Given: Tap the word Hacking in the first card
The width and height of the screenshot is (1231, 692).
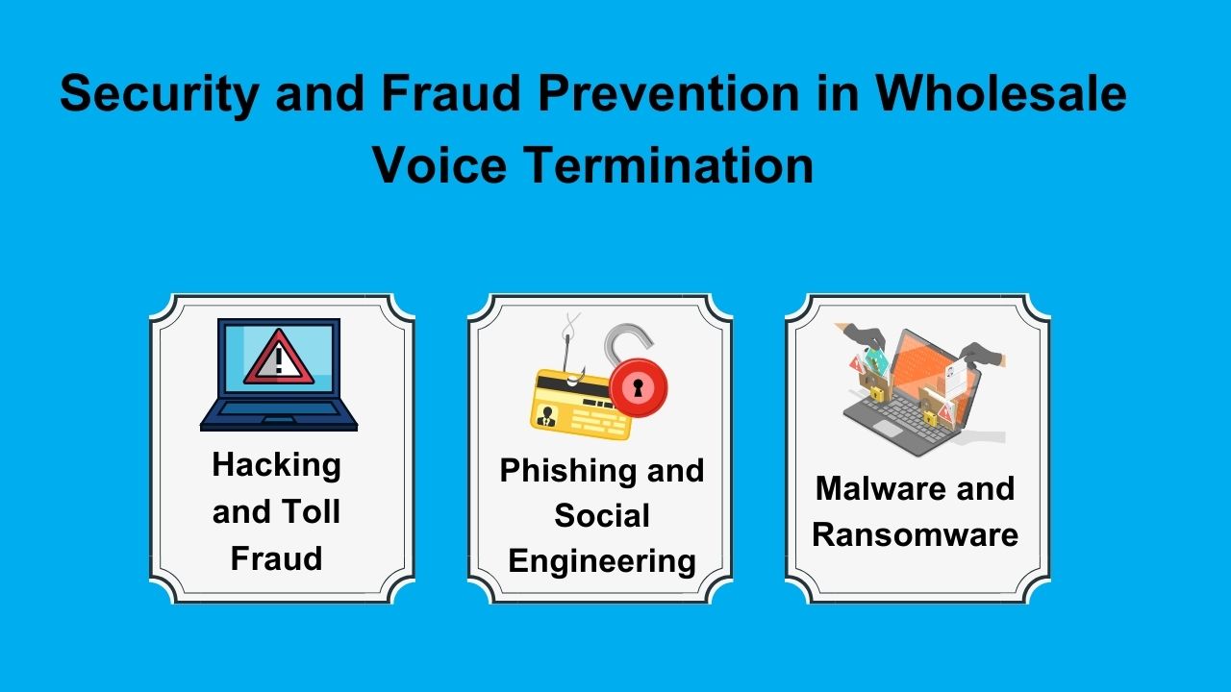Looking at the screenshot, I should pyautogui.click(x=276, y=465).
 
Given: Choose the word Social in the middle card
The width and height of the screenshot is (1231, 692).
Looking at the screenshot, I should pyautogui.click(x=602, y=516).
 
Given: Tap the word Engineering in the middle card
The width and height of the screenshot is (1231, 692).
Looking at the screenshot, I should pyautogui.click(x=602, y=560).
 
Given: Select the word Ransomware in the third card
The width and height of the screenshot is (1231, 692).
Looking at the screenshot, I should pyautogui.click(x=915, y=534).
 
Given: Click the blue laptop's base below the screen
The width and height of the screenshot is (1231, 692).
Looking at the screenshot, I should pyautogui.click(x=278, y=422).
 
